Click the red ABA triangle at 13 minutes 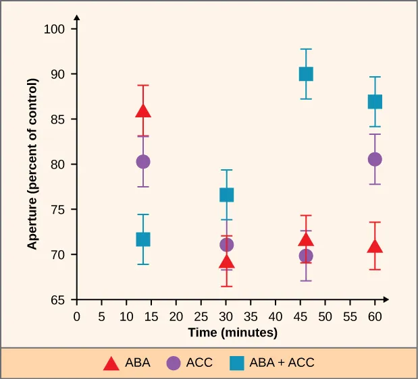tap(143, 111)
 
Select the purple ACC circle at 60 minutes tap(375, 159)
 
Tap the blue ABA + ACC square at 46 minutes tap(306, 74)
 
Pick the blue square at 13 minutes tap(143, 239)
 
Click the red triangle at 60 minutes tap(375, 247)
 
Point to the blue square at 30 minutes tap(227, 195)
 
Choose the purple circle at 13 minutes tap(143, 162)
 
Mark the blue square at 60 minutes tap(375, 102)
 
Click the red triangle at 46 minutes tap(306, 241)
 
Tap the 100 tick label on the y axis tap(55, 29)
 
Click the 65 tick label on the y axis tap(57, 300)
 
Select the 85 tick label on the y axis tap(57, 119)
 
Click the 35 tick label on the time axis tap(251, 316)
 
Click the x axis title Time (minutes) tap(232, 332)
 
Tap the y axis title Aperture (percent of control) tap(32, 165)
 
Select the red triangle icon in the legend tap(111, 363)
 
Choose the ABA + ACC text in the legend tap(282, 363)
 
